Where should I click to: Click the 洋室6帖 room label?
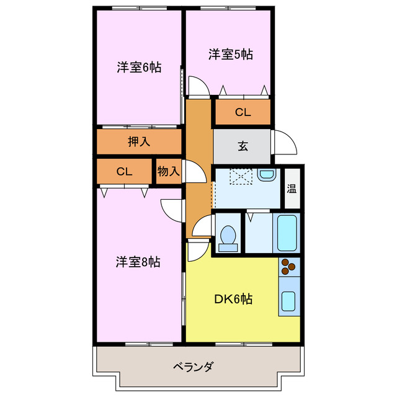click(138, 68)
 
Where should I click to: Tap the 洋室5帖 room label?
click(230, 55)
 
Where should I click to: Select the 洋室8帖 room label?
click(138, 262)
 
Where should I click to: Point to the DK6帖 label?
click(233, 299)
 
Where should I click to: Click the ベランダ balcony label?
click(193, 367)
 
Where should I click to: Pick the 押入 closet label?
click(139, 141)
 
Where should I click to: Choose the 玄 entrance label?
click(243, 147)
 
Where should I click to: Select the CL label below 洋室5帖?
click(243, 112)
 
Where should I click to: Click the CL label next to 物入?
click(125, 172)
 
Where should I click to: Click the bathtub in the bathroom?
click(287, 232)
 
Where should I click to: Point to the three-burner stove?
click(289, 266)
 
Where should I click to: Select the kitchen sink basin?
click(288, 302)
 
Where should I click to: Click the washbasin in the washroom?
click(266, 176)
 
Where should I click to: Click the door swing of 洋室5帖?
click(198, 86)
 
